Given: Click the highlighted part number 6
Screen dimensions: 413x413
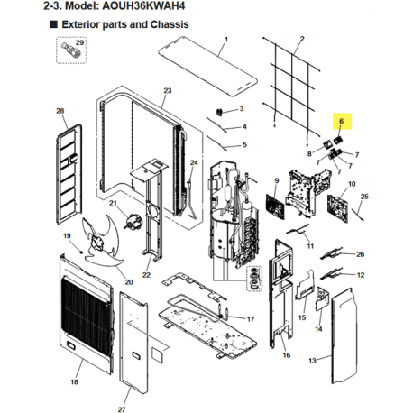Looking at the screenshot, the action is click(x=341, y=121).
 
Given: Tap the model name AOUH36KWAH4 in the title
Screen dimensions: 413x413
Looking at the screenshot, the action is click(x=143, y=5).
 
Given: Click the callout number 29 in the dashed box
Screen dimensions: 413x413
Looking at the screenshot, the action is click(x=79, y=42).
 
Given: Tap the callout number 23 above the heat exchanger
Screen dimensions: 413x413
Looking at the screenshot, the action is click(x=168, y=90).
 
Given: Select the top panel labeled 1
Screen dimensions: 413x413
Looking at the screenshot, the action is click(x=207, y=67).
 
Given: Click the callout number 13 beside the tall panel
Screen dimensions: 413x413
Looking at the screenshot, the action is click(x=312, y=360).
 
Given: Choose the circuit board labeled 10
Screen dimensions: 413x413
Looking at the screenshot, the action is click(x=338, y=208).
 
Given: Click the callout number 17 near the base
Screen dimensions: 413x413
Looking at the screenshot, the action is click(x=251, y=319).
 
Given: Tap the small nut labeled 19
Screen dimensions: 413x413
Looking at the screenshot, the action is click(x=81, y=250).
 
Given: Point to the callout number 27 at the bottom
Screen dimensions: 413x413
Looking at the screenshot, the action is click(x=122, y=409).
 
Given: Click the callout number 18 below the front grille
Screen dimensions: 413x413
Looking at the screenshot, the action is click(x=74, y=381).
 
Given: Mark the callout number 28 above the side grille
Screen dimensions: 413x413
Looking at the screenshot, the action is click(x=60, y=111).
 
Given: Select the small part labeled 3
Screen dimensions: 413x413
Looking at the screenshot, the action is click(x=219, y=112).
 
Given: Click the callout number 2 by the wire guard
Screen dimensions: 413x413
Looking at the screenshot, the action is click(x=302, y=39).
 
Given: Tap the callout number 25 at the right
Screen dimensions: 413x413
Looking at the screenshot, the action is click(x=364, y=197).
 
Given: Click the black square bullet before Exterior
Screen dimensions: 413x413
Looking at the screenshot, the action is click(x=53, y=24).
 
